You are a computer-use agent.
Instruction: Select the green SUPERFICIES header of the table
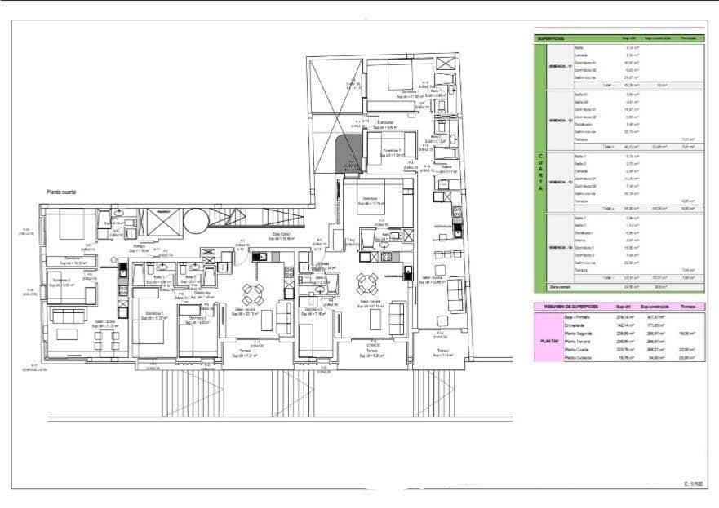coord(552,38)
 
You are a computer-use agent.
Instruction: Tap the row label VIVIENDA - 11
coord(559,65)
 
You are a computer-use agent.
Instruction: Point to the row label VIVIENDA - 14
coord(559,246)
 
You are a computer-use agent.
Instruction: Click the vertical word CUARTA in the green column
coord(539,171)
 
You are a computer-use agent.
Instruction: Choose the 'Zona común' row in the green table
coord(560,287)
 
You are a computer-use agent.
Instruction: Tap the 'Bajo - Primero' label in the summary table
coord(578,316)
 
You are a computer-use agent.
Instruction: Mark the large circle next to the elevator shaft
coord(197,220)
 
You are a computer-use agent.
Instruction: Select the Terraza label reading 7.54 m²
coord(445,353)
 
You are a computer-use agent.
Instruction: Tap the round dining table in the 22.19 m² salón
coord(367,284)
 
